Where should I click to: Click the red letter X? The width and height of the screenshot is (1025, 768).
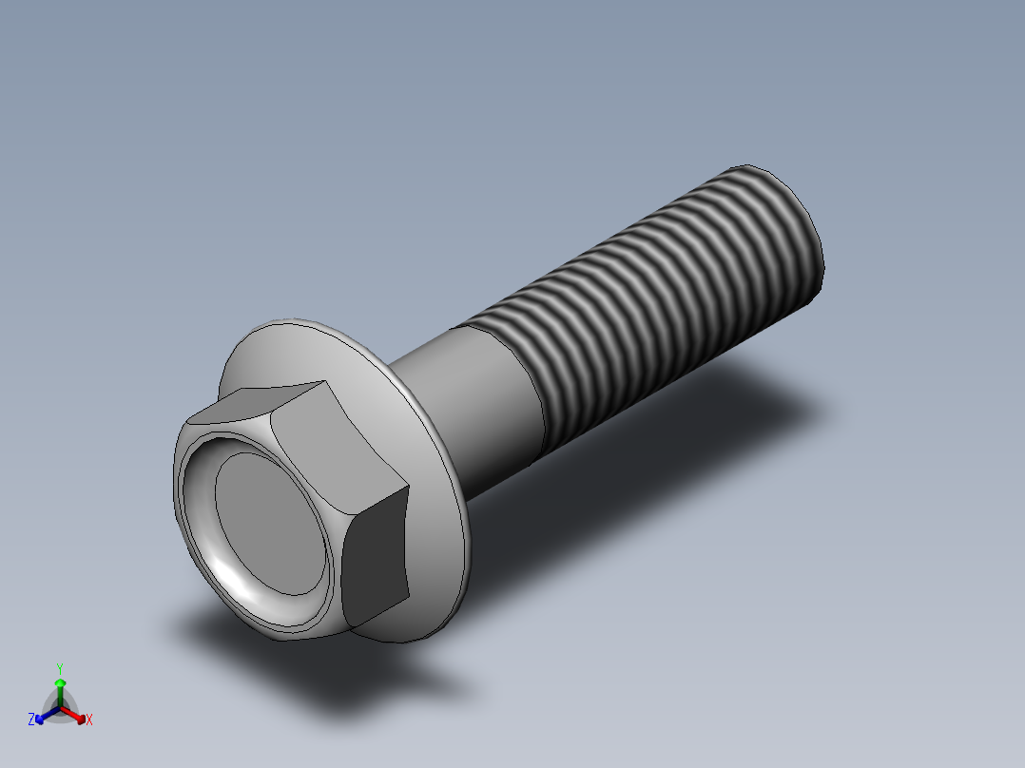89,720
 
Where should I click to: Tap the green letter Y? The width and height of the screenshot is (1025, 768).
60,668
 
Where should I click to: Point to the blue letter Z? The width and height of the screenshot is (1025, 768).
31,720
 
